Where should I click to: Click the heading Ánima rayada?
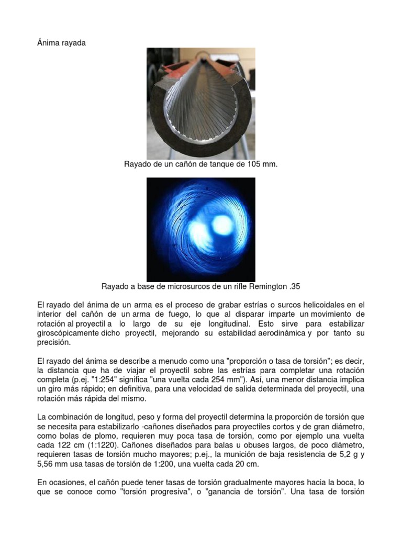tap(61, 43)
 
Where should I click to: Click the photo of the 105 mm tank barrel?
tap(201, 103)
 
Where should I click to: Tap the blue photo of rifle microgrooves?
tap(201, 229)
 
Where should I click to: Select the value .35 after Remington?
tap(295, 286)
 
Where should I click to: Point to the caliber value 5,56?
tap(47, 464)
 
